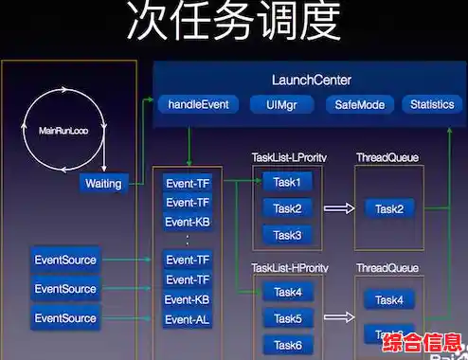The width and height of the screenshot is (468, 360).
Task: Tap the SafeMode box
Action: click(359, 104)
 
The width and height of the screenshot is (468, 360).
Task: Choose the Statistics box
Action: click(432, 104)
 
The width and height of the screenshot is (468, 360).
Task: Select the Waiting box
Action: click(103, 184)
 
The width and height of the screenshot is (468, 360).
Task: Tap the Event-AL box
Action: click(187, 318)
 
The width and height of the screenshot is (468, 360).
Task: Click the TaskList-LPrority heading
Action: click(290, 156)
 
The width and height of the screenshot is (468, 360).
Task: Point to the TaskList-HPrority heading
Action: click(291, 268)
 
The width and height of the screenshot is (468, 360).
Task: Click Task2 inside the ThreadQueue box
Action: click(388, 209)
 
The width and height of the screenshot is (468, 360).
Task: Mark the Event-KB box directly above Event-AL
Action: click(187, 299)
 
